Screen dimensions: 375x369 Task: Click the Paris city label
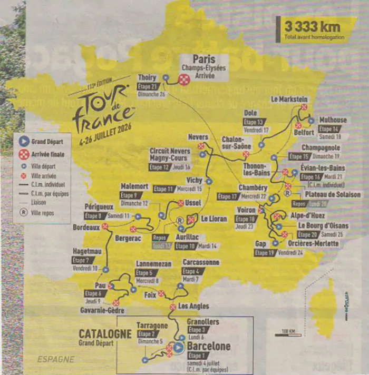pos(204,59)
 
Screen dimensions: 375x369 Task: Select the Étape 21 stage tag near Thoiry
pos(148,86)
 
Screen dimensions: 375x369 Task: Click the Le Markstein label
pos(289,98)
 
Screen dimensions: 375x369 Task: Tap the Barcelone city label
pos(209,347)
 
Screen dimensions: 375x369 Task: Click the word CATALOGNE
pos(104,333)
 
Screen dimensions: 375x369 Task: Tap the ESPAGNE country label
pos(55,359)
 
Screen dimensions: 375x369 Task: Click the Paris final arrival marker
pos(184,80)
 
